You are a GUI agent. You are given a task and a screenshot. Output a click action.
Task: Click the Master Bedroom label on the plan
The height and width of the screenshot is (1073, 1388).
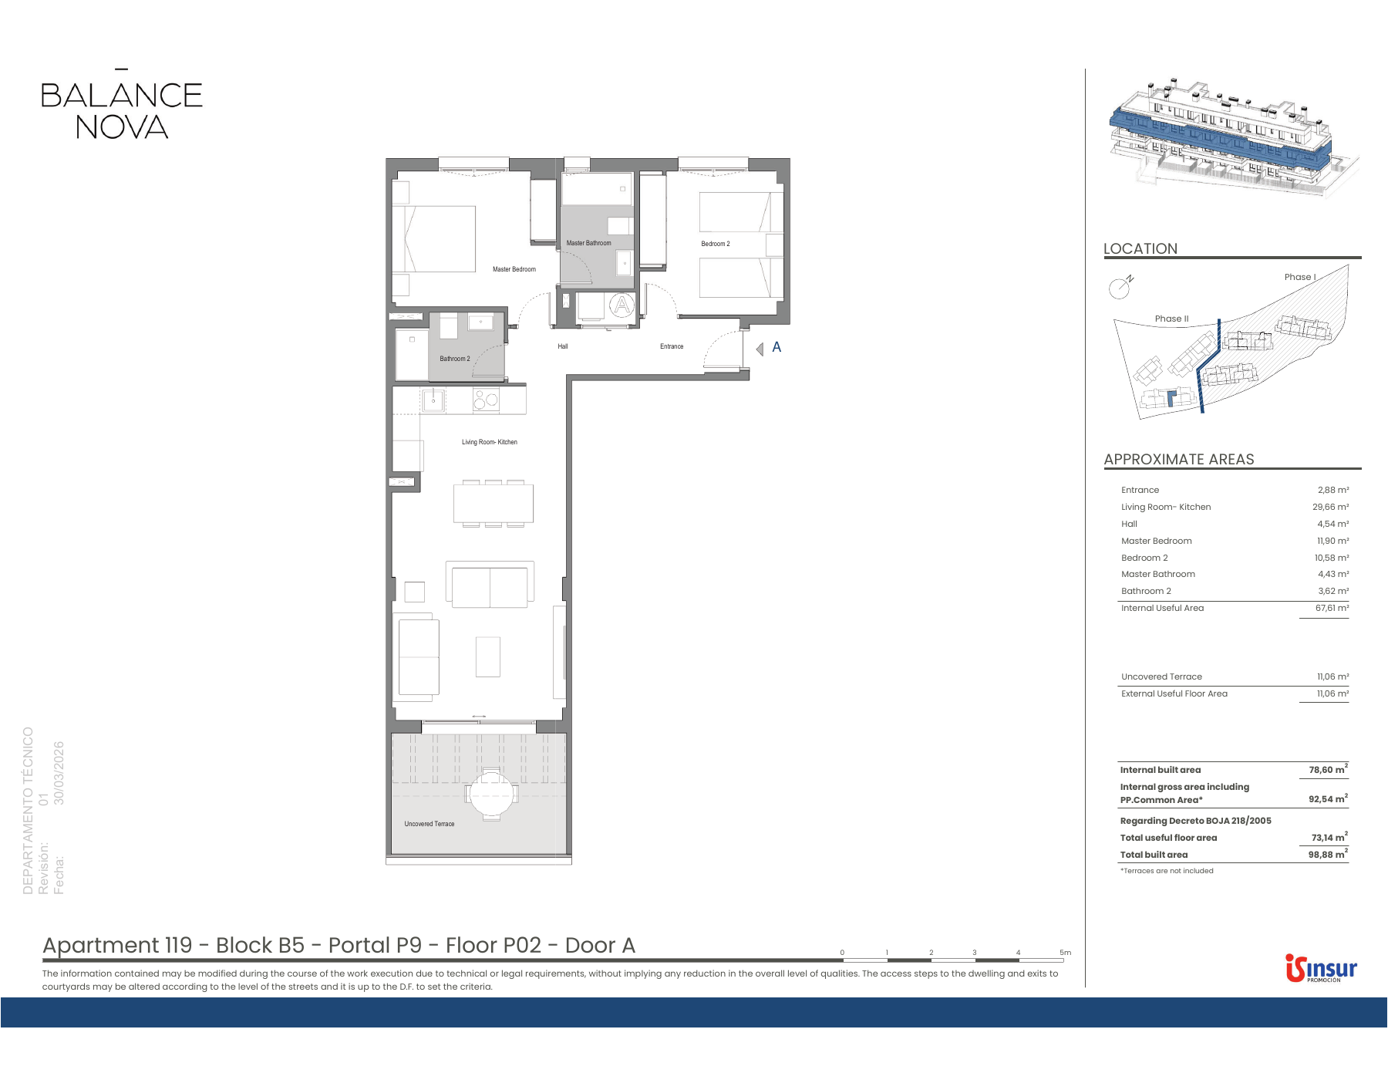point(514,269)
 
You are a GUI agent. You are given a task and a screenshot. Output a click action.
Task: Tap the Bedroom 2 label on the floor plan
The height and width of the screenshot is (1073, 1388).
point(716,244)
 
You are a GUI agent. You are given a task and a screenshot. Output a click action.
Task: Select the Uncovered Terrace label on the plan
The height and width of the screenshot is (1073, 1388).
point(430,824)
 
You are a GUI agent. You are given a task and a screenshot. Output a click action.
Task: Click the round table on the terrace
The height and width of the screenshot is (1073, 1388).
point(491,793)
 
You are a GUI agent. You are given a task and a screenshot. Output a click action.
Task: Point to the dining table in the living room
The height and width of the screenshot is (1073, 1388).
point(494,503)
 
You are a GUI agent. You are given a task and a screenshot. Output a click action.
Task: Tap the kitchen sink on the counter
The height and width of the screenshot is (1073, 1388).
point(433,400)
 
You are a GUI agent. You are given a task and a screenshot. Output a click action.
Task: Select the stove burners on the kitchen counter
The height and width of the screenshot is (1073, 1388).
point(486,399)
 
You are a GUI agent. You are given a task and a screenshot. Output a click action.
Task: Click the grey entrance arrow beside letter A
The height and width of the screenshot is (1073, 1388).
point(760,349)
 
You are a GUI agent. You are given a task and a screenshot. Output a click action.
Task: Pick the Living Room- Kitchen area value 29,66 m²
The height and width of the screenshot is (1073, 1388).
point(1331,507)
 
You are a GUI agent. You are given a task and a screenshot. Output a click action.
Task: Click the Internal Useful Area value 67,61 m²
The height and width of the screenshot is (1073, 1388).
point(1332,608)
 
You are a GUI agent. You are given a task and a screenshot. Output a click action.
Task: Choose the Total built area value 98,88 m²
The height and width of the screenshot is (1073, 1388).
point(1328,854)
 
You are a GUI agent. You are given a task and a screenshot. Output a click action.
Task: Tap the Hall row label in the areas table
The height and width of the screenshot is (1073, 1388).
point(1129,524)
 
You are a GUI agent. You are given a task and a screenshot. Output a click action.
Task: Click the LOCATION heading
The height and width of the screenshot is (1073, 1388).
point(1140,248)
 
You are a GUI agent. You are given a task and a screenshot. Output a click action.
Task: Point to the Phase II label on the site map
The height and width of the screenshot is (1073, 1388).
point(1171,319)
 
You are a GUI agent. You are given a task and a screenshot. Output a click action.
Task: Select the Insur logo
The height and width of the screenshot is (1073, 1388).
point(1321,968)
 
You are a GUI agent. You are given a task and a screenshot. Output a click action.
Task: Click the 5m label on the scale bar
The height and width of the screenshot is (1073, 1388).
point(1065,953)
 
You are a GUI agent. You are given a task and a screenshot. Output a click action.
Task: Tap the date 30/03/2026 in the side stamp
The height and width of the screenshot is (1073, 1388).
point(59,773)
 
